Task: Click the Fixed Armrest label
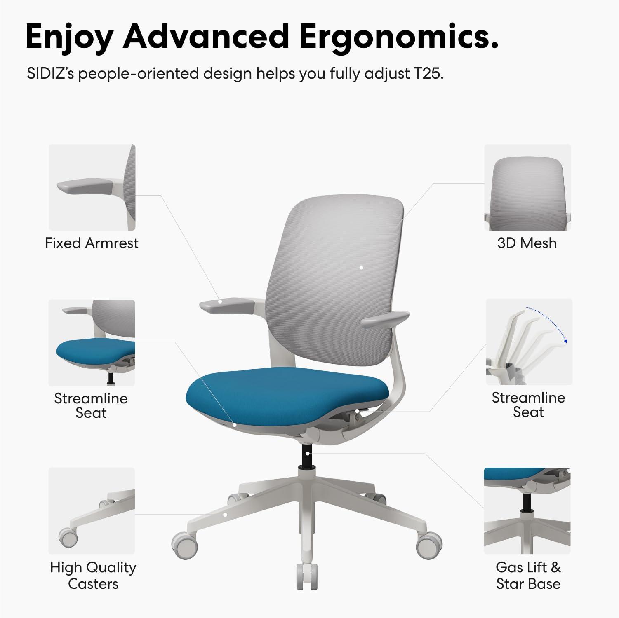pyautogui.click(x=92, y=243)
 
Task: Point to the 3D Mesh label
pyautogui.click(x=527, y=243)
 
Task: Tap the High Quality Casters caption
pyautogui.click(x=93, y=575)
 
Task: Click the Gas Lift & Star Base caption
pyautogui.click(x=528, y=575)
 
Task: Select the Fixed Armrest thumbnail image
pyautogui.click(x=92, y=187)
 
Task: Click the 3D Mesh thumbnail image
pyautogui.click(x=527, y=187)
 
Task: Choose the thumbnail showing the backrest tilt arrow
pyautogui.click(x=529, y=342)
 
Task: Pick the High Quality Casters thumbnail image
pyautogui.click(x=92, y=510)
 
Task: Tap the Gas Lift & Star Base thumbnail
pyautogui.click(x=527, y=510)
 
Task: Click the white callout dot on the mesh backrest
pyautogui.click(x=361, y=268)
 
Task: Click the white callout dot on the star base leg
pyautogui.click(x=225, y=515)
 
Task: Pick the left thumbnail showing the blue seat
pyautogui.click(x=92, y=342)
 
